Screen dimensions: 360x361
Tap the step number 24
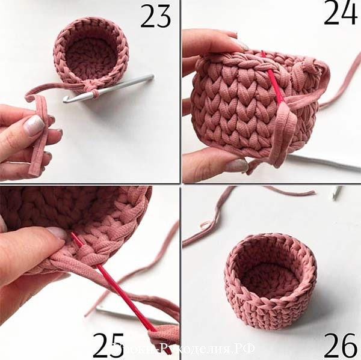click(x=340, y=13)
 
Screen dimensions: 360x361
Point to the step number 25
click(x=108, y=344)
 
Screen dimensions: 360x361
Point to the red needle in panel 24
click(x=276, y=84)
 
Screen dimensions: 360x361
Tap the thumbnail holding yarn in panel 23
click(x=35, y=125)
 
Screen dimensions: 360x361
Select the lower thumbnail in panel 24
click(x=236, y=165)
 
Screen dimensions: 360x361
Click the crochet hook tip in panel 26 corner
click(x=336, y=192)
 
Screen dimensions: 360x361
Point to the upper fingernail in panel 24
click(x=240, y=43)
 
